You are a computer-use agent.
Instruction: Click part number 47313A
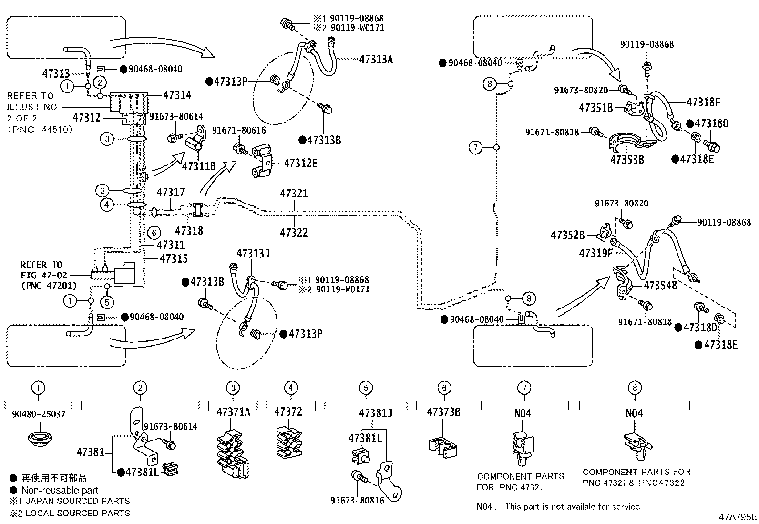pos(376,59)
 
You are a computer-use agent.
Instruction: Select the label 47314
pos(177,95)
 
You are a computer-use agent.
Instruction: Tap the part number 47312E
pos(300,163)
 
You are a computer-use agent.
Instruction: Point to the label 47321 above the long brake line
pos(294,194)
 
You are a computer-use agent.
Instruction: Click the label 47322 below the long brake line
pos(294,233)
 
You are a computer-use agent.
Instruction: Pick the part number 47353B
pos(627,159)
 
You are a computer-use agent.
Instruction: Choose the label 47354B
pos(660,286)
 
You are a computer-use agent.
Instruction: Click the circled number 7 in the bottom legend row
pos(524,388)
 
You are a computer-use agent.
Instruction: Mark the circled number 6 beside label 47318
pos(154,233)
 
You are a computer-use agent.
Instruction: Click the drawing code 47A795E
pos(738,517)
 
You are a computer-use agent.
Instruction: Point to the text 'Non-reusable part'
pos(59,490)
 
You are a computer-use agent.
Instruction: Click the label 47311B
pos(199,165)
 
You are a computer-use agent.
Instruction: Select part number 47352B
pos(567,235)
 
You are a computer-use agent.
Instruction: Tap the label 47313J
pos(253,253)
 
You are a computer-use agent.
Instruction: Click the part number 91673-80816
pos(357,501)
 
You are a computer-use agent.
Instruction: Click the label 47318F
pos(703,102)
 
